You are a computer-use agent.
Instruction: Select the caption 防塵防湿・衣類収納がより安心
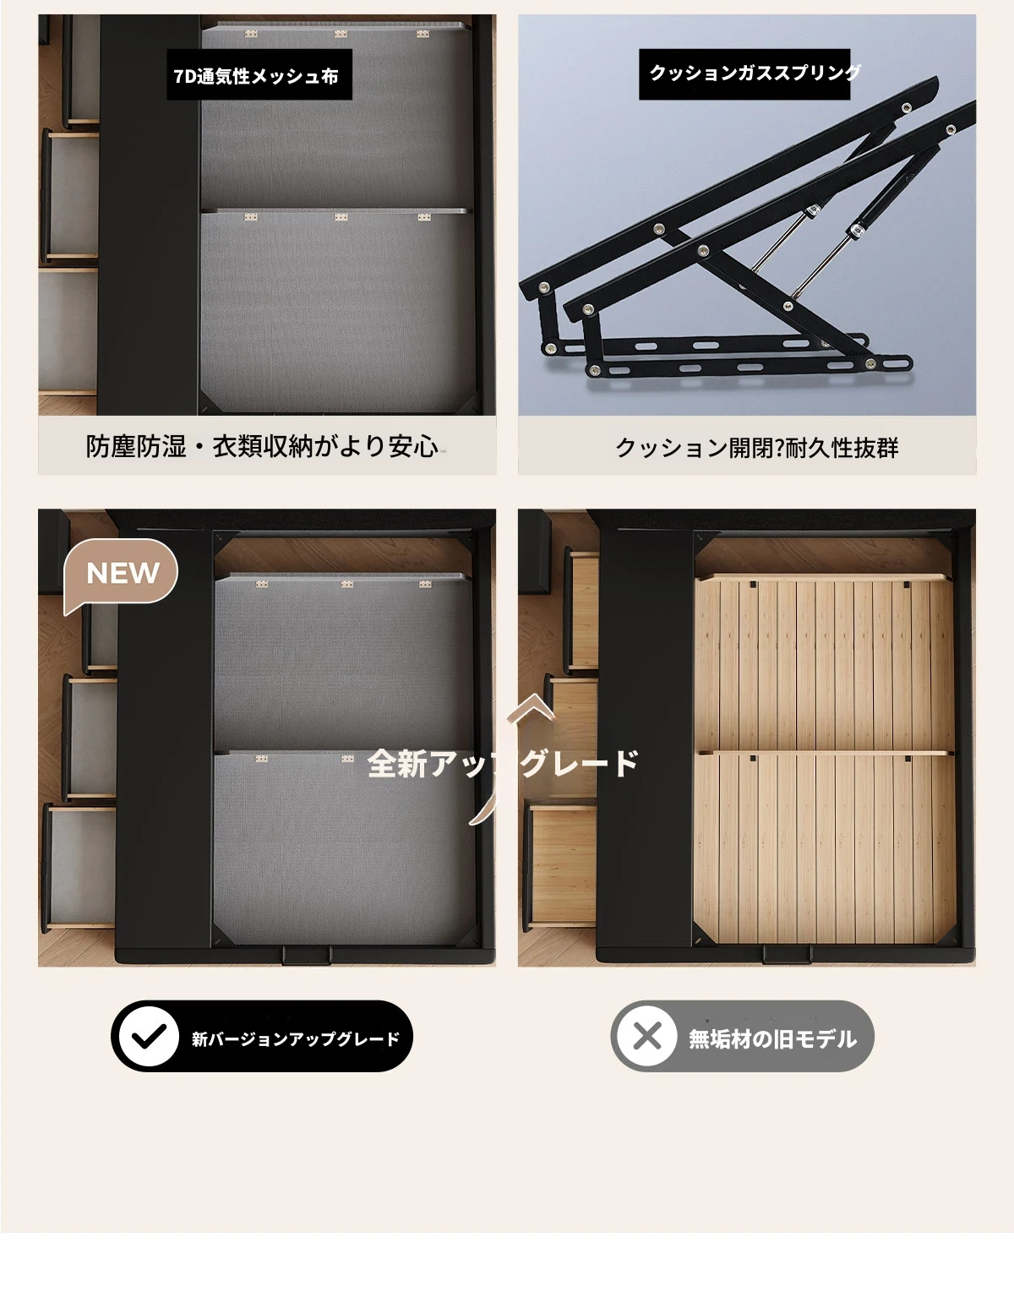(262, 447)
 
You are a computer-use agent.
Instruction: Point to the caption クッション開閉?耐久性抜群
(756, 448)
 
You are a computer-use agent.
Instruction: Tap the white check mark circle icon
(149, 1037)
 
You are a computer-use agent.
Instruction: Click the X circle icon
(647, 1037)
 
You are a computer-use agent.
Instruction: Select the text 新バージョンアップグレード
(296, 1039)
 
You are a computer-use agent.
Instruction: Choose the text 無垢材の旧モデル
(772, 1039)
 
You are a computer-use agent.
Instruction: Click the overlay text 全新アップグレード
(503, 764)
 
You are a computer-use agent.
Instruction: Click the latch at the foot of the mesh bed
(307, 955)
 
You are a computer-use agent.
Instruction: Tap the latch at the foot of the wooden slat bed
(788, 955)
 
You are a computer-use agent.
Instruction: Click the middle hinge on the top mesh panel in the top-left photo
(341, 35)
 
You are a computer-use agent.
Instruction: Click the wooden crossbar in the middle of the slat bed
(825, 753)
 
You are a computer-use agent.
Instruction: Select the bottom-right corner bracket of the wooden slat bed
(944, 933)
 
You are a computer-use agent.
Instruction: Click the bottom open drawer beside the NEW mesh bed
(80, 868)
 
